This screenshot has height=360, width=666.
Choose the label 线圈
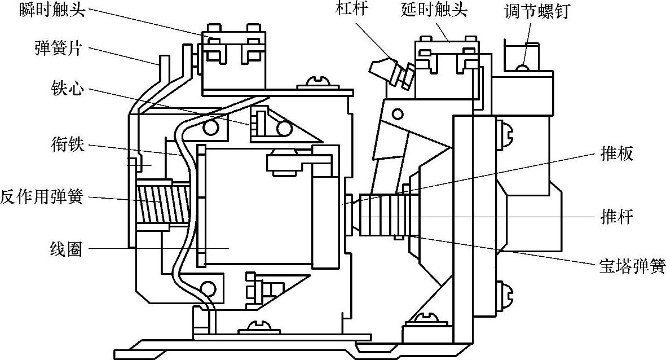(66, 249)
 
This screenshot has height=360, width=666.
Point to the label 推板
(618, 153)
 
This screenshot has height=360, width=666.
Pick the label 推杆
(618, 217)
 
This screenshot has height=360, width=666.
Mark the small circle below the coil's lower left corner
(208, 289)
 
